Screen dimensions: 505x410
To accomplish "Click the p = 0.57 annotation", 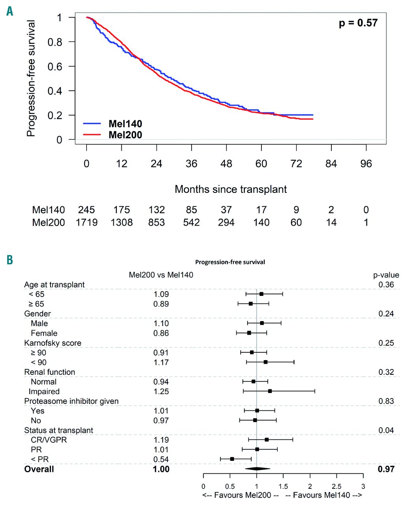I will point(358,23).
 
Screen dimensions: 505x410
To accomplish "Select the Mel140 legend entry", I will point(125,124).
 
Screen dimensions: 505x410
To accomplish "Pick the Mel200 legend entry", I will point(125,135).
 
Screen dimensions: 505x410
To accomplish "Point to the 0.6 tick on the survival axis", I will point(55,66).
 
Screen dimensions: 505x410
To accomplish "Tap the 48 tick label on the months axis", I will point(226,164).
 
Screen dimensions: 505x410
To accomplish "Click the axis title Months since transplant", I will point(231,189).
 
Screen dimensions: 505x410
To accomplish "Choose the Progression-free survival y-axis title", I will point(31,78).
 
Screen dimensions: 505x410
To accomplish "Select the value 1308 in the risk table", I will point(121,223).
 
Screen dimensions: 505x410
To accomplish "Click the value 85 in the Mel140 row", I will point(191,210).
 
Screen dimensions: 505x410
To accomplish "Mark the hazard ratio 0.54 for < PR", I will point(161,459).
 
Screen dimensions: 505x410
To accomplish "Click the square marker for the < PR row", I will point(232,459).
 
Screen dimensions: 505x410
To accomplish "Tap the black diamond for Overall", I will point(257,469).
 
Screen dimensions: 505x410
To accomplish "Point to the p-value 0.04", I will point(386,430).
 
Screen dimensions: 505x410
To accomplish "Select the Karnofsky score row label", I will point(53,343).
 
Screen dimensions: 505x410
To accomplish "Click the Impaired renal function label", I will point(44,391).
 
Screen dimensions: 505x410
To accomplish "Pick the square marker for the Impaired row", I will point(270,391).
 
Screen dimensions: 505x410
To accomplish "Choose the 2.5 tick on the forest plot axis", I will point(337,486).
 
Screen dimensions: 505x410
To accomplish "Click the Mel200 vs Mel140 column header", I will point(161,275).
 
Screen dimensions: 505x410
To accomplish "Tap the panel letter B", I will point(9,260).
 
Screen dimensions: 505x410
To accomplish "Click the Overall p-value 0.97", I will point(386,469).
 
